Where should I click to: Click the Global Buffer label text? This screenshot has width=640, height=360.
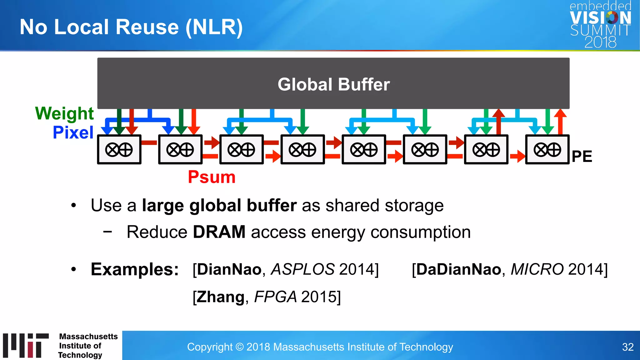point(333,85)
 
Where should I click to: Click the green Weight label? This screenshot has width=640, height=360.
point(64,113)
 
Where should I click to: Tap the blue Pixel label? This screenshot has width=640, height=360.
point(73,132)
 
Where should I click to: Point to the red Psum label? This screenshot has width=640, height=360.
point(212,177)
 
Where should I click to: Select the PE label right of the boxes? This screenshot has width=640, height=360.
point(582,156)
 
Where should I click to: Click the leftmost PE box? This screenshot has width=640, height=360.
point(119,150)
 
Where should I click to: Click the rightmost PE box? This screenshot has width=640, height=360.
point(547,150)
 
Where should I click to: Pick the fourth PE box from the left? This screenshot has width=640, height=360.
point(302,150)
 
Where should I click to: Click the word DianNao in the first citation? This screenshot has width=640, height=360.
point(229,269)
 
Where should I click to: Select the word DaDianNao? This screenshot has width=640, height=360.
point(459,269)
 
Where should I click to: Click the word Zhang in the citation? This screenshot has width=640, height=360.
point(221,297)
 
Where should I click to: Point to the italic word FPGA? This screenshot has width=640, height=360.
point(275,297)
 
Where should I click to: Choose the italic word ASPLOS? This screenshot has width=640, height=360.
point(302,269)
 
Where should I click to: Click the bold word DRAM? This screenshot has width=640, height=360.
point(219,232)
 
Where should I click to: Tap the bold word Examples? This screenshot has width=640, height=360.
point(135,269)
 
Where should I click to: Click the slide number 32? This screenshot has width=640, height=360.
point(627,347)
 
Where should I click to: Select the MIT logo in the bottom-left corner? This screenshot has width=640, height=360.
point(26,345)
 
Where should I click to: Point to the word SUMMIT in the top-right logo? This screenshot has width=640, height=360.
point(600,30)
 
